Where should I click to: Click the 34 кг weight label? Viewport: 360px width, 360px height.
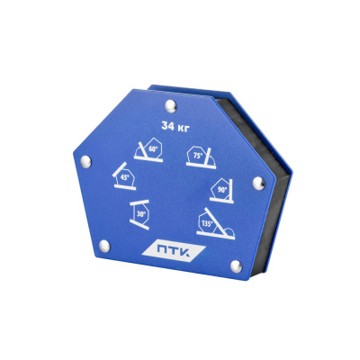(175, 127)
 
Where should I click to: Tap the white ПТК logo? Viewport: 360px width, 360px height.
(174, 251)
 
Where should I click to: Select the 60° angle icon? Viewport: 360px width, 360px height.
(149, 150)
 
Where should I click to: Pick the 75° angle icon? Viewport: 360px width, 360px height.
(201, 157)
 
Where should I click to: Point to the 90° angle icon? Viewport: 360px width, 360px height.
(222, 191)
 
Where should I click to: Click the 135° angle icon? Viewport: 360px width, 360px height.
(215, 223)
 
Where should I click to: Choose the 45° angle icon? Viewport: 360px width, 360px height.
(124, 176)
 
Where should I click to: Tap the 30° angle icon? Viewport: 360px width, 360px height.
(139, 214)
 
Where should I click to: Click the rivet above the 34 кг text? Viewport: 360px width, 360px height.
(171, 106)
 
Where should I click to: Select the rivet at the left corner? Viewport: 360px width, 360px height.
(86, 162)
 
